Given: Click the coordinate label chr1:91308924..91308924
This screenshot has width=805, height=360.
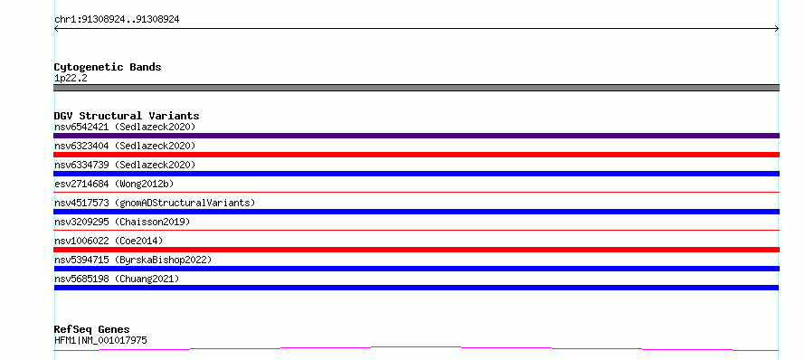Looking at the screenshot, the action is pyautogui.click(x=117, y=20).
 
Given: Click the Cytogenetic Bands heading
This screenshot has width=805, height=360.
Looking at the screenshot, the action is pyautogui.click(x=108, y=67).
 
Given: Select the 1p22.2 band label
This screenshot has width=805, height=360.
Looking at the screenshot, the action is pyautogui.click(x=71, y=79).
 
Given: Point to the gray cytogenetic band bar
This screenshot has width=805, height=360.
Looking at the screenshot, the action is pyautogui.click(x=416, y=88).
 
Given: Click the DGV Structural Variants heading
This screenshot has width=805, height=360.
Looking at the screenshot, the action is pyautogui.click(x=127, y=116).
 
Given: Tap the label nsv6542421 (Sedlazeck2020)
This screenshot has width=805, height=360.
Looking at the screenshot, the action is pyautogui.click(x=125, y=127).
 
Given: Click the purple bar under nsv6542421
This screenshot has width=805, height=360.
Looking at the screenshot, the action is pyautogui.click(x=416, y=136).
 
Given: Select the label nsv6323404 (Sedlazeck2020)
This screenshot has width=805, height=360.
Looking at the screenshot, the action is pyautogui.click(x=125, y=146).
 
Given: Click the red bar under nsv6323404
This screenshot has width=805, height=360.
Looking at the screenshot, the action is pyautogui.click(x=416, y=155).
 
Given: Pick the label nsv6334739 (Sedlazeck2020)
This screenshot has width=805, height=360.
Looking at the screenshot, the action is pyautogui.click(x=125, y=165).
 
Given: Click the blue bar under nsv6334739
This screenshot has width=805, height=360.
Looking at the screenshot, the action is pyautogui.click(x=416, y=174).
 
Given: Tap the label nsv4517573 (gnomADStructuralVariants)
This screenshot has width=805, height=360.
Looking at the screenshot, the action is pyautogui.click(x=155, y=203).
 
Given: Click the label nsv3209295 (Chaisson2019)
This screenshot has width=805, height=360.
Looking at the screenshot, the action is pyautogui.click(x=122, y=222).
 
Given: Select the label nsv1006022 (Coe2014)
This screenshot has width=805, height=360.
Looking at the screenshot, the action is pyautogui.click(x=109, y=241).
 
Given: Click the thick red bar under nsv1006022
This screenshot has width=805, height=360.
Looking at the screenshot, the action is pyautogui.click(x=416, y=250).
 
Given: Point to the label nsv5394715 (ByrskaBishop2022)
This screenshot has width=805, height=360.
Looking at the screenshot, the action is pyautogui.click(x=133, y=260).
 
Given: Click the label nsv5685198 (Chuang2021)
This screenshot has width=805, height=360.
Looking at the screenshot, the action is pyautogui.click(x=117, y=279).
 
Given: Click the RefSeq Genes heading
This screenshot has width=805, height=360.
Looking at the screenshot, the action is pyautogui.click(x=92, y=330).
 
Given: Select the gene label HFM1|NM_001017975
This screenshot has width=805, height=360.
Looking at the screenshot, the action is pyautogui.click(x=100, y=340).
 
